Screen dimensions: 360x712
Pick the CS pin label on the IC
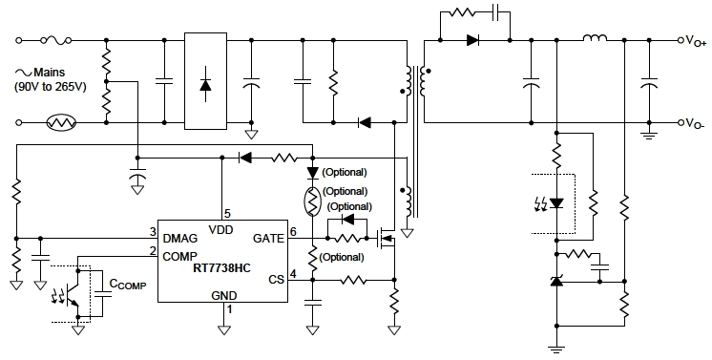tap(275, 279)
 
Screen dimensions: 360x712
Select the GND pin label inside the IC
tap(223, 296)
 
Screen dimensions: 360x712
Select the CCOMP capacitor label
tap(128, 284)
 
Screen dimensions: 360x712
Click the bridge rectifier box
tap(205, 82)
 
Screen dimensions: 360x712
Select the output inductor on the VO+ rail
tap(595, 39)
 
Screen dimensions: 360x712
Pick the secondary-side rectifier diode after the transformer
tap(473, 40)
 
